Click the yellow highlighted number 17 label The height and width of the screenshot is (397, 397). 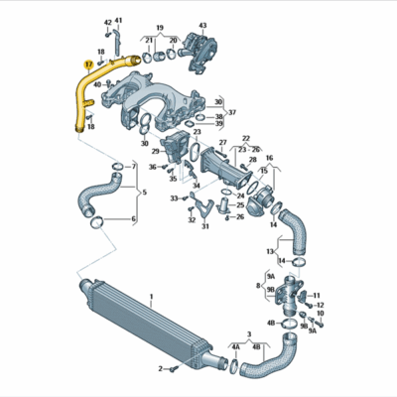(x=89, y=64)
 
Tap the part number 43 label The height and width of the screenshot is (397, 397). (x=202, y=25)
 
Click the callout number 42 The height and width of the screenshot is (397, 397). (x=107, y=21)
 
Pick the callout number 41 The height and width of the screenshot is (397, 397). (x=118, y=21)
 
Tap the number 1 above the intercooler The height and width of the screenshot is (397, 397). (x=152, y=296)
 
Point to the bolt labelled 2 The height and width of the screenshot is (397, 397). (x=170, y=368)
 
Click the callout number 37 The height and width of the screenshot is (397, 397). (x=232, y=112)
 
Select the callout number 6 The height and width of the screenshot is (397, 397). (x=134, y=218)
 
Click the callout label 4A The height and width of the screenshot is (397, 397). (x=236, y=348)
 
